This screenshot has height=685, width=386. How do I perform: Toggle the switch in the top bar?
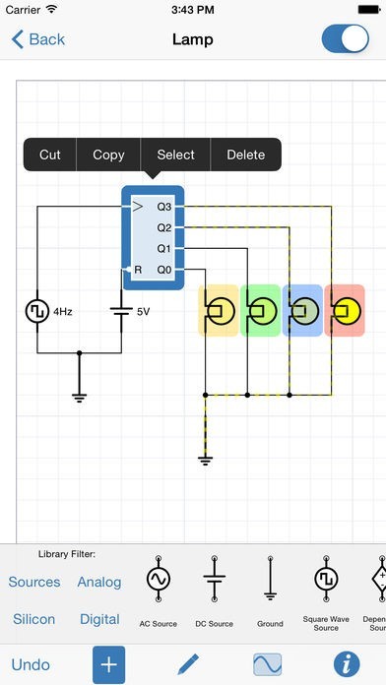click(x=345, y=39)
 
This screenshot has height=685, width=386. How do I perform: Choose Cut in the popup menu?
click(x=50, y=155)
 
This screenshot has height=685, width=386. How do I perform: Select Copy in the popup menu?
click(x=108, y=155)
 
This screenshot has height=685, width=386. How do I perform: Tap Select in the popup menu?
click(x=175, y=155)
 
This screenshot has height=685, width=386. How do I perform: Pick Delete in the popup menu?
click(x=245, y=155)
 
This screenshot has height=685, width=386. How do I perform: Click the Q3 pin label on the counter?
click(x=164, y=207)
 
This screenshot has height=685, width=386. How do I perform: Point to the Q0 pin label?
click(x=164, y=269)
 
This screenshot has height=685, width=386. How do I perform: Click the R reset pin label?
click(x=139, y=269)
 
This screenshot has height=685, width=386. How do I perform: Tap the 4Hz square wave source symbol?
click(x=36, y=311)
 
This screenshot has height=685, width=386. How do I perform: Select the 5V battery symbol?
click(x=121, y=311)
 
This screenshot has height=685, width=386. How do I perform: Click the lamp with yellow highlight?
click(x=220, y=311)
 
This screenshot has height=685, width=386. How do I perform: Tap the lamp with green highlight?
click(x=261, y=311)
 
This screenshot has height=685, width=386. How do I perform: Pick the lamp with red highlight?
click(x=345, y=311)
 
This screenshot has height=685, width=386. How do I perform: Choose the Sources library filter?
click(x=34, y=582)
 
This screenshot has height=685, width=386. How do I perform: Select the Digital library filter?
click(x=99, y=619)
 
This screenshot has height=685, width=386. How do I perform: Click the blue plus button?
click(x=108, y=664)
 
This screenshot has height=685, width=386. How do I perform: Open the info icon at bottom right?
click(x=346, y=664)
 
